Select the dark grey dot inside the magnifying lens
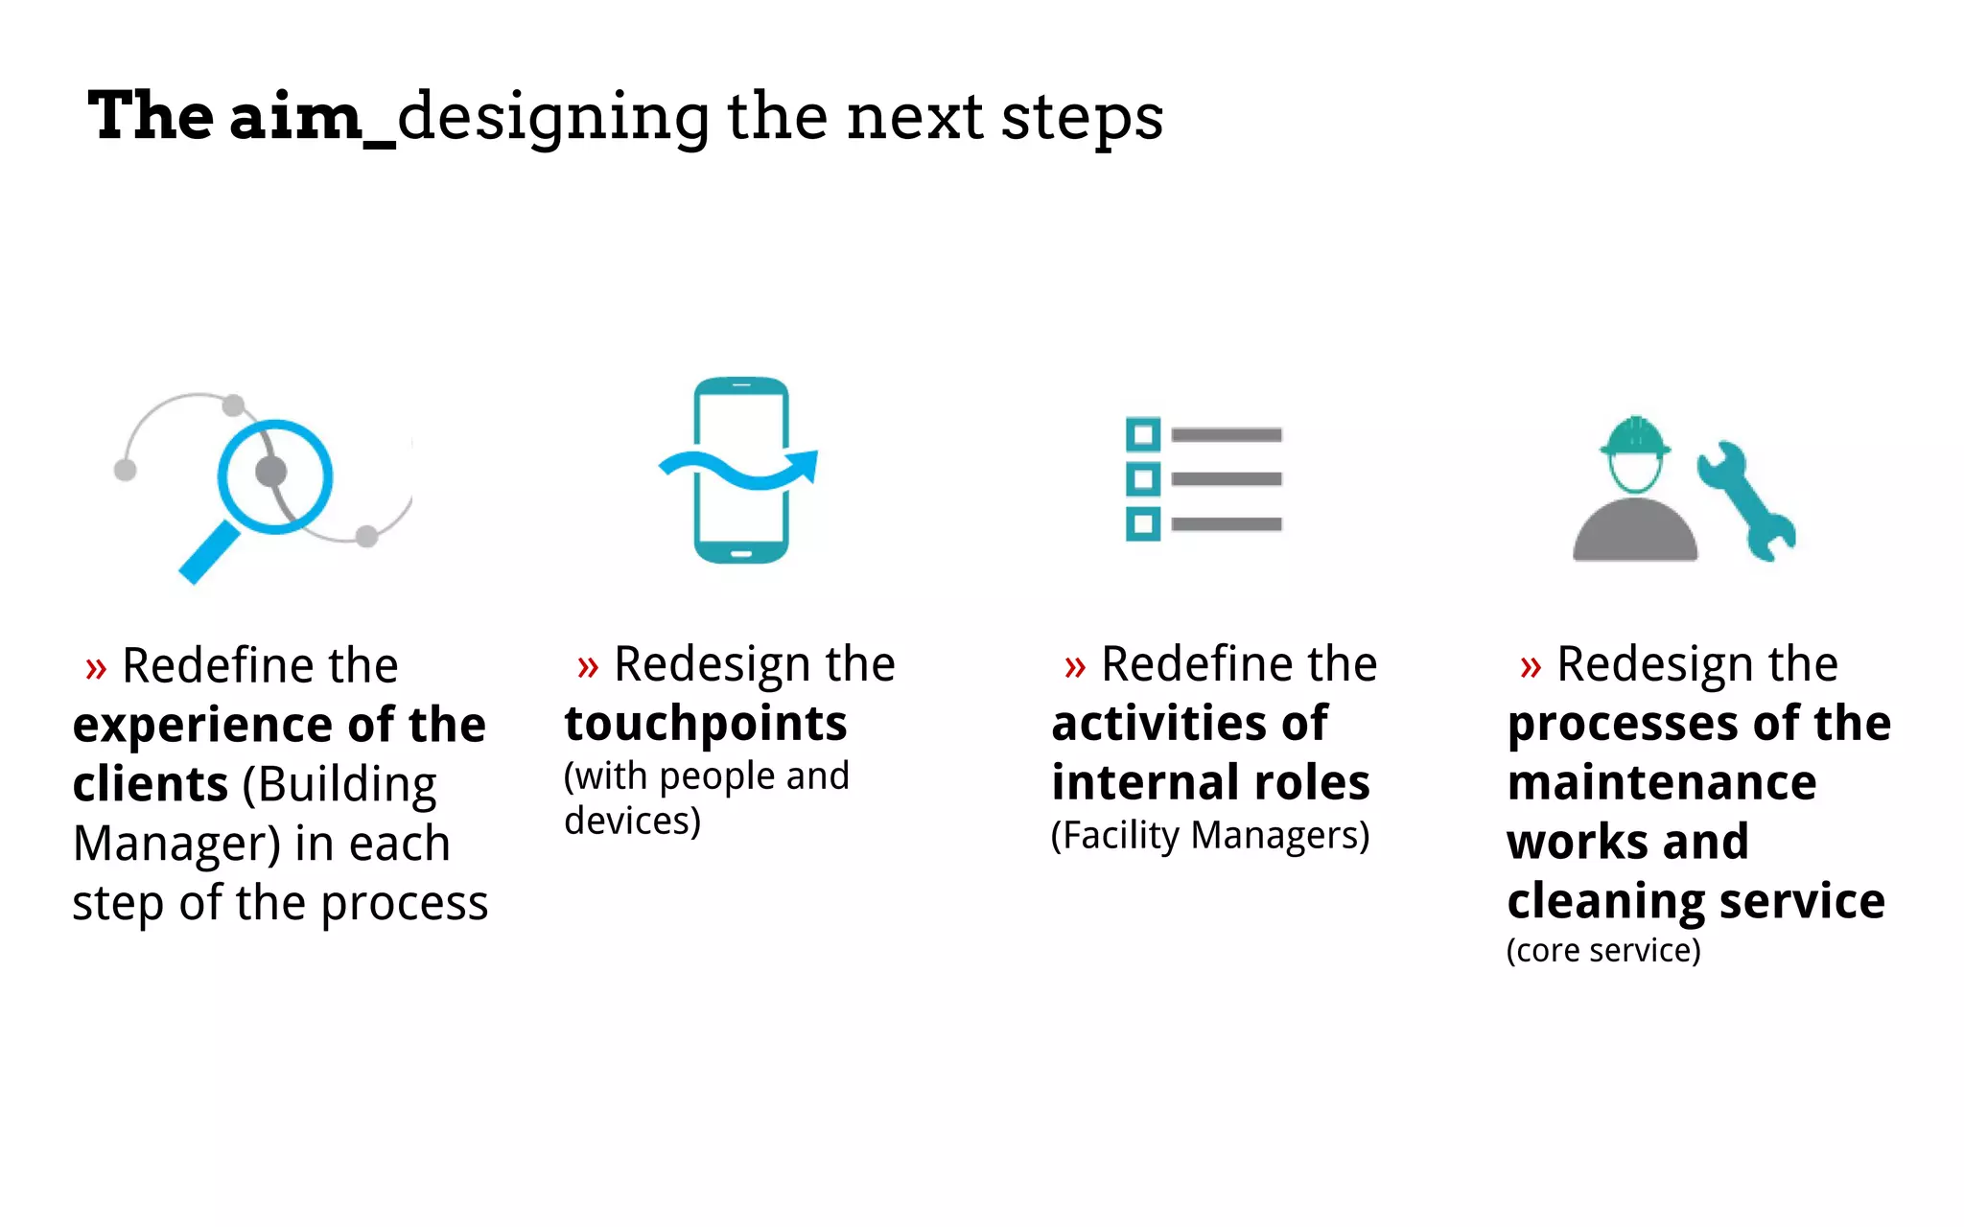coord(271,471)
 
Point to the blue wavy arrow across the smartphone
coord(738,469)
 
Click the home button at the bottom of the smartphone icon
coord(741,553)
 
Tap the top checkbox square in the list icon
coord(1142,435)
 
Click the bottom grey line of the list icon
coord(1227,524)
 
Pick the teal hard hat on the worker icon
coord(1635,437)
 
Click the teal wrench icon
coord(1745,501)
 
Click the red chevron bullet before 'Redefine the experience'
coord(95,668)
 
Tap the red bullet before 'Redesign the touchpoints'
coord(587,666)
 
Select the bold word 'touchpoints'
coord(706,724)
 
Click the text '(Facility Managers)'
coord(1210,836)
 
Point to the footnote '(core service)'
coord(1603,951)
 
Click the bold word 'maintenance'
coord(1661,783)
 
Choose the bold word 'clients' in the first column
coord(150,785)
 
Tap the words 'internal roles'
coord(1210,783)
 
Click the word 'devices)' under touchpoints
coord(632,822)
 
